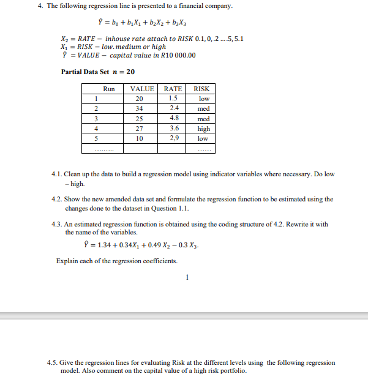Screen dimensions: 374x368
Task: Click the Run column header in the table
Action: click(x=108, y=89)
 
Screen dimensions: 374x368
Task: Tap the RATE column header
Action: click(x=173, y=89)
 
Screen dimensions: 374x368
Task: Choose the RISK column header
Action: click(x=201, y=89)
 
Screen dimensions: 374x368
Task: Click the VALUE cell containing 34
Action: click(x=139, y=109)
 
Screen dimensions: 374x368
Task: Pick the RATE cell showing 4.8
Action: click(x=173, y=119)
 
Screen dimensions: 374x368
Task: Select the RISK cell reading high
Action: click(x=204, y=129)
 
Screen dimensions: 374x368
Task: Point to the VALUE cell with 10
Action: click(x=139, y=138)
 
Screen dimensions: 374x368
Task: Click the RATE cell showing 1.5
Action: click(x=173, y=99)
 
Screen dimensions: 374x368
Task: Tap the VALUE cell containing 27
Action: click(x=139, y=129)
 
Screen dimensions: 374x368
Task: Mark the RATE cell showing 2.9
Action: click(x=173, y=138)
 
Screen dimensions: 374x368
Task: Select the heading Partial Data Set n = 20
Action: click(x=98, y=72)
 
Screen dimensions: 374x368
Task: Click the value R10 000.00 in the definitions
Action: click(x=178, y=55)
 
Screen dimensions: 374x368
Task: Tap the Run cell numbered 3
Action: click(x=96, y=119)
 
